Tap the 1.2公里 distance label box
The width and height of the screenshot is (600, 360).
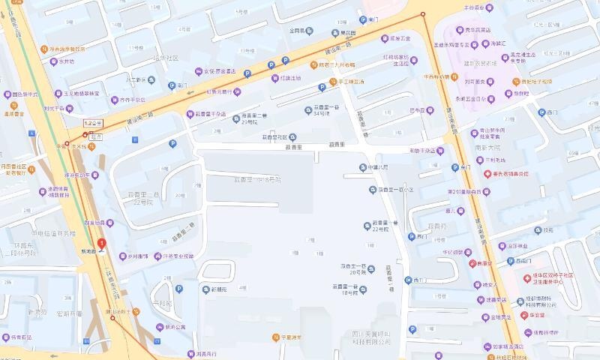coord(93,122)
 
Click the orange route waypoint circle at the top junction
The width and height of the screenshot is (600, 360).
coord(423,14)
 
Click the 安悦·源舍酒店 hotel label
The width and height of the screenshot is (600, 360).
coord(209,72)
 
